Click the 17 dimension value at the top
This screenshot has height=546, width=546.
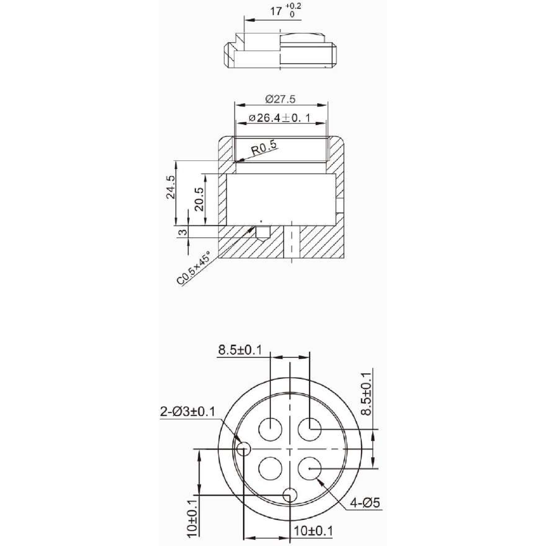click(276, 11)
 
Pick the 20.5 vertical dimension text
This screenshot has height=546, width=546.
click(200, 199)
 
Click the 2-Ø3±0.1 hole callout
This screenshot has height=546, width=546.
click(188, 411)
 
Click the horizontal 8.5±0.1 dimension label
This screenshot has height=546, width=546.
click(240, 351)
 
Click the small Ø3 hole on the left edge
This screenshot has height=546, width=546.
click(244, 449)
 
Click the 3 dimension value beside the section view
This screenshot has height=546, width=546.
click(183, 232)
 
